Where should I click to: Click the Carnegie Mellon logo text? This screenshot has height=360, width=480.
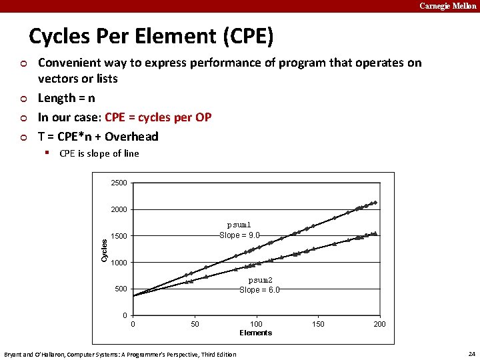pos(447,6)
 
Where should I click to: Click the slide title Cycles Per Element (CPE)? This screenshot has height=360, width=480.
pos(151,36)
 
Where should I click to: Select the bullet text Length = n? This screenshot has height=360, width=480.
pos(66,98)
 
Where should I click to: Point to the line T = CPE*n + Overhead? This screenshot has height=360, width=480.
pos(98,137)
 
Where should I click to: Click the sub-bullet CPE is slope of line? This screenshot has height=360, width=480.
pos(99,153)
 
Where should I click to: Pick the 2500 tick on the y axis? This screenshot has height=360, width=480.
pos(119,183)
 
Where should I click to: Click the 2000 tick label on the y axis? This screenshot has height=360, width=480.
pos(119,209)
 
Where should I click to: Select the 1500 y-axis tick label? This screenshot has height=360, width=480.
pos(119,236)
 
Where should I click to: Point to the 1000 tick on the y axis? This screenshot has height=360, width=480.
pos(119,263)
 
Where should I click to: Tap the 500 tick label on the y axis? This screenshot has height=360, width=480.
pos(121,289)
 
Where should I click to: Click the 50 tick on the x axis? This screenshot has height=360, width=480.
pos(195,324)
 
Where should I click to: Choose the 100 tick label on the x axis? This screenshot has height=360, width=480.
pos(256,324)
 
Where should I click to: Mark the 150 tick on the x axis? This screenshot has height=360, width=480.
pos(318,324)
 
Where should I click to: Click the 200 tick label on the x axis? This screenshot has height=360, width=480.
pos(379,324)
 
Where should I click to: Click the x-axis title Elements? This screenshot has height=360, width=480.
pos(256,333)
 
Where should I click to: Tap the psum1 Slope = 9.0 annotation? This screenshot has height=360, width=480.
pos(239,230)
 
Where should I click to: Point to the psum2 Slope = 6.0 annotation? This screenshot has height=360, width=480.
pos(260,285)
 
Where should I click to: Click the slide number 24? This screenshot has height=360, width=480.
pos(471,353)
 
